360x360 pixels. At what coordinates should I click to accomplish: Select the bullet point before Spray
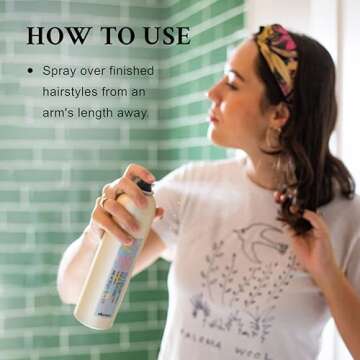coord(31,71)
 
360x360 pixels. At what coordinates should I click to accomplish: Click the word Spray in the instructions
coord(62,71)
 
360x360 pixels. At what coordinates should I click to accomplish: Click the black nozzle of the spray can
coord(145,186)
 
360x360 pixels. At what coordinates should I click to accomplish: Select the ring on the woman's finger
coord(102,201)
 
